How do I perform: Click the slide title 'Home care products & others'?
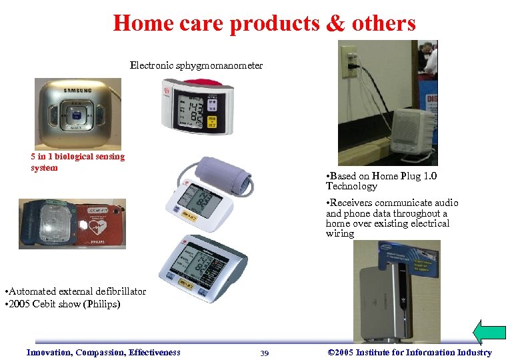point(264,23)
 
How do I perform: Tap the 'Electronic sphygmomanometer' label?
point(196,65)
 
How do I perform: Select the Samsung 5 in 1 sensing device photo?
point(78,113)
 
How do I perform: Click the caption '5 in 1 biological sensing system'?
point(77,162)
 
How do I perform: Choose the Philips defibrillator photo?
point(72,224)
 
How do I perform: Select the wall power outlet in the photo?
point(349,60)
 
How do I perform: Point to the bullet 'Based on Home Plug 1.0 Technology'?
point(381,181)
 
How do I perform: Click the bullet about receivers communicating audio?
point(391,218)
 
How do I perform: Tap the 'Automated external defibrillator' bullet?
point(74,291)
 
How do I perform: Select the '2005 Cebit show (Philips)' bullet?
point(61,305)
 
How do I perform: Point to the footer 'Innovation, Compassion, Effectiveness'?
point(103,353)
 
